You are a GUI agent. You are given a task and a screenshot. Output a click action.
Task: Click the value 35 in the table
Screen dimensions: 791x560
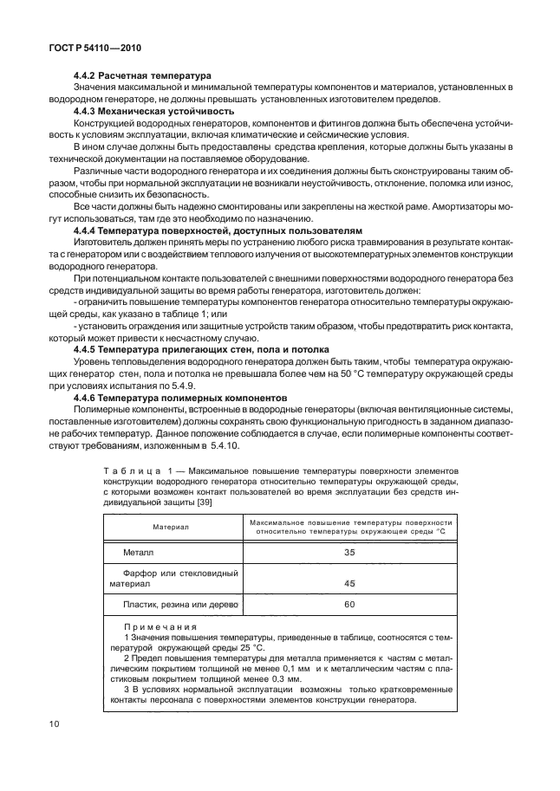pyautogui.click(x=349, y=551)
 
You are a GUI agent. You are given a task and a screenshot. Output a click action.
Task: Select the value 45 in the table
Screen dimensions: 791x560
pyautogui.click(x=349, y=583)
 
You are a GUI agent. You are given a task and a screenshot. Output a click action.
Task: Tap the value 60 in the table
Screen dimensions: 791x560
pyautogui.click(x=349, y=604)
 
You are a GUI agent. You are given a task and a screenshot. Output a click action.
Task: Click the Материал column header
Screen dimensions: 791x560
pyautogui.click(x=171, y=526)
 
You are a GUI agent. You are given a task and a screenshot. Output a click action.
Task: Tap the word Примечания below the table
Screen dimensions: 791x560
pyautogui.click(x=160, y=627)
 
